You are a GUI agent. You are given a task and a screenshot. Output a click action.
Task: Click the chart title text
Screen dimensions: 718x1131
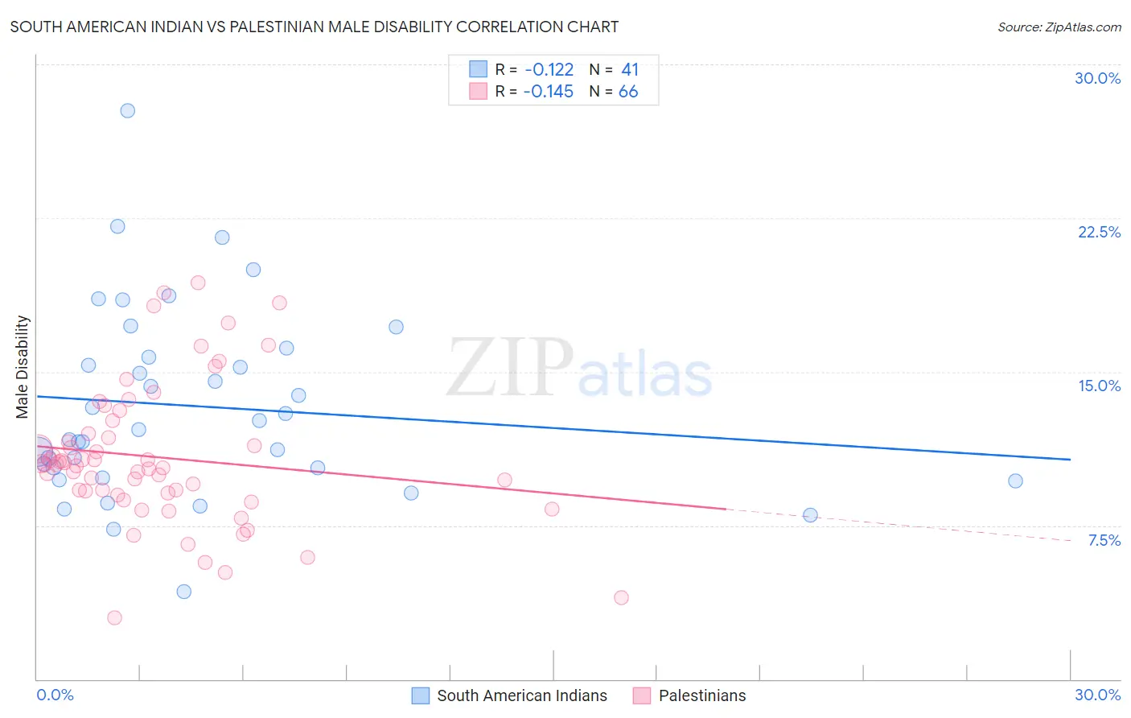pos(315,27)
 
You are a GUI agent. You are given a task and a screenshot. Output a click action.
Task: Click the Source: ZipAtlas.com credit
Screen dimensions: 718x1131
pos(1059,27)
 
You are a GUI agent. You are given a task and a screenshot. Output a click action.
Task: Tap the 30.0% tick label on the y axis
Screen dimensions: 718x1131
pos(1097,78)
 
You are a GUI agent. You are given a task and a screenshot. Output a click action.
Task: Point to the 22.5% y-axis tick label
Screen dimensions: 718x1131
pos(1099,232)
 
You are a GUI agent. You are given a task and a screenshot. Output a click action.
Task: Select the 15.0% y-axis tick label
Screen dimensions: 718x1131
pos(1099,386)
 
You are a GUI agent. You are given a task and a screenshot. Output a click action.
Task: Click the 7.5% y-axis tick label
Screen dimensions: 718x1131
pos(1104,540)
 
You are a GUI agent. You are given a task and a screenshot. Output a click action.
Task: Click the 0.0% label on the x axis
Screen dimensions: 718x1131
pos(55,695)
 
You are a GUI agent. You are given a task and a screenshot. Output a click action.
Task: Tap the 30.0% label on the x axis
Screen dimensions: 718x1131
pos(1097,695)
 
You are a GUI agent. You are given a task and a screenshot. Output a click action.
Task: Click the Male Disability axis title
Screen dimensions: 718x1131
pos(22,366)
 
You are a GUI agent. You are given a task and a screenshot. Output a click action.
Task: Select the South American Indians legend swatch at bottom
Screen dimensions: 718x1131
pos(420,695)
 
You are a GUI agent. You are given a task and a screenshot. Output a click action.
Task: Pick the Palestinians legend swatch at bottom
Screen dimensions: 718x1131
pos(641,695)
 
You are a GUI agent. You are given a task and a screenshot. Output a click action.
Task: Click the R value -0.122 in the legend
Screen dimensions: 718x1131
pos(549,70)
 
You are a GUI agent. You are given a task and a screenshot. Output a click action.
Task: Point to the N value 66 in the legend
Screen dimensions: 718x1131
pos(628,92)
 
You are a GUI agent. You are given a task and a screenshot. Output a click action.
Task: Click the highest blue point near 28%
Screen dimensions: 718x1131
pos(127,110)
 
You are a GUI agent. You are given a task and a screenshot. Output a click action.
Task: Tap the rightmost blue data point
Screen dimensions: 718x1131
pos(1015,481)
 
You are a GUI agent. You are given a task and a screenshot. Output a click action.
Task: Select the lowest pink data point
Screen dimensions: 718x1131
pos(114,617)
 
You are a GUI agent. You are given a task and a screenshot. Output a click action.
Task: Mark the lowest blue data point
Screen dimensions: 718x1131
pos(183,592)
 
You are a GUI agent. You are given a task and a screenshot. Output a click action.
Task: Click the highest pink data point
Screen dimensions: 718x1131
pos(198,283)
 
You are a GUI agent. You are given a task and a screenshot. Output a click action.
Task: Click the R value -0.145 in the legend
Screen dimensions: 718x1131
pos(549,92)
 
